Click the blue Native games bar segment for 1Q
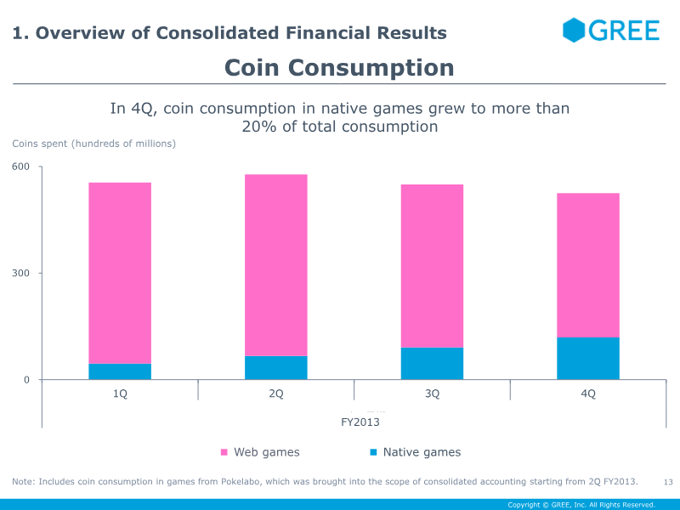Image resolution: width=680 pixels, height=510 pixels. tap(120, 371)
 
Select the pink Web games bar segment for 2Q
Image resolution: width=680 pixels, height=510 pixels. tap(276, 265)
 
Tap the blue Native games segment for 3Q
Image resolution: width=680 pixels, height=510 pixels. tap(432, 364)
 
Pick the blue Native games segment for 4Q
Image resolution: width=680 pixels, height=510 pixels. tap(588, 359)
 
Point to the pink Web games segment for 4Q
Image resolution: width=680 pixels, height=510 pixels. tap(588, 265)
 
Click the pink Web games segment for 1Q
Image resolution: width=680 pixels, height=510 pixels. tap(120, 273)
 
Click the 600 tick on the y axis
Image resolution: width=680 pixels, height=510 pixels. tap(21, 167)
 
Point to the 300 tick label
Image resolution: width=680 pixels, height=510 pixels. tap(21, 273)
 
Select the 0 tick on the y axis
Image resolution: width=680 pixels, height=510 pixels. tap(26, 380)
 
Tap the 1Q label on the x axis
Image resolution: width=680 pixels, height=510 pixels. tap(120, 394)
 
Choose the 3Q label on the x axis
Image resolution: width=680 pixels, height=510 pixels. tap(432, 394)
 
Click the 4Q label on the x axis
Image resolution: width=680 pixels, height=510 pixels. tap(588, 394)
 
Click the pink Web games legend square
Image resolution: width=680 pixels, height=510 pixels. tap(224, 452)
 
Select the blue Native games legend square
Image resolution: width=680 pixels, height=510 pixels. tap(373, 452)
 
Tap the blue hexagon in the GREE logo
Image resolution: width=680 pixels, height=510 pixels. tap(574, 31)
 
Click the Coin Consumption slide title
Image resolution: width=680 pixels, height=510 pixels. tap(339, 68)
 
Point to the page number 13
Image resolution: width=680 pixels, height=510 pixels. tap(667, 483)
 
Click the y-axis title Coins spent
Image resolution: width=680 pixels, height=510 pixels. tap(93, 144)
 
